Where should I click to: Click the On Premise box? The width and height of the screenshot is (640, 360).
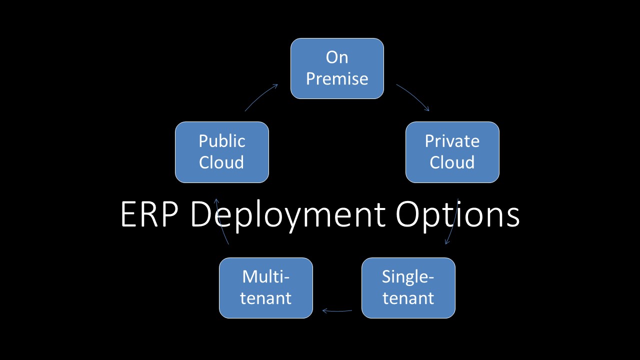[337, 68]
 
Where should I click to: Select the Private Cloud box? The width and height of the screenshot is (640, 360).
[452, 152]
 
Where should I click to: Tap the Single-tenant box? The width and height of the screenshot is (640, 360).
[408, 288]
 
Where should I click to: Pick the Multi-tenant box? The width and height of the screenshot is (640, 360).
[265, 288]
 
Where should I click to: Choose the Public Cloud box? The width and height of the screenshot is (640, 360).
[221, 152]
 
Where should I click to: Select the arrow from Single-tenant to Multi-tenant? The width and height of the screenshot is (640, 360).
[337, 311]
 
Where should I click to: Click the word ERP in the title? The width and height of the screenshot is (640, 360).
[150, 215]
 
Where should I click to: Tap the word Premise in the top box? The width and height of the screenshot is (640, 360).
[337, 79]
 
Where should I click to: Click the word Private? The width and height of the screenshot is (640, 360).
[452, 141]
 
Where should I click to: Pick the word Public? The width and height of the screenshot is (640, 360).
[221, 141]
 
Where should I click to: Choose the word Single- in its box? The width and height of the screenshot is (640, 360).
[408, 276]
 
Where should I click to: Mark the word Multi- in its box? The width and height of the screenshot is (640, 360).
[265, 276]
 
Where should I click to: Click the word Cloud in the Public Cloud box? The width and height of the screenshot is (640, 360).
[221, 162]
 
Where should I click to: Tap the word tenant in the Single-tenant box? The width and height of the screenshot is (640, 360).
[408, 298]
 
